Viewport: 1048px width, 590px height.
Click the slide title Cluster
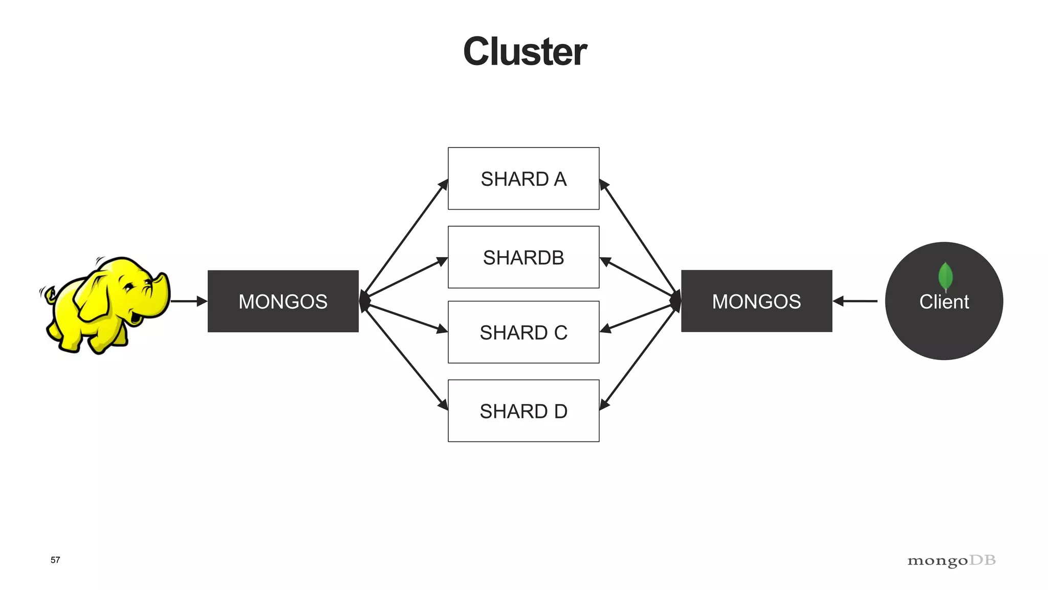(x=525, y=52)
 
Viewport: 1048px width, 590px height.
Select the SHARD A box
(x=523, y=179)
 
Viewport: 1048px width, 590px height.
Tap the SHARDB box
(x=523, y=257)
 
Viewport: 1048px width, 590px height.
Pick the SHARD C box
(x=523, y=332)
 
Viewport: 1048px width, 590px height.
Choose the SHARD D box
(x=523, y=411)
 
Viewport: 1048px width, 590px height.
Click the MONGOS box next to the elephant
(x=283, y=301)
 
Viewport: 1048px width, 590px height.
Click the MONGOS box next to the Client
(x=756, y=301)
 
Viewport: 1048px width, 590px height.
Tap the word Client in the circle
(x=944, y=302)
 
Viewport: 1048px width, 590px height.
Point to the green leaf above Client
(x=945, y=276)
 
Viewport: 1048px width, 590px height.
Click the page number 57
(x=55, y=560)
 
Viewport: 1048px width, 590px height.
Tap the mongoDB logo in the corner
(x=951, y=561)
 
